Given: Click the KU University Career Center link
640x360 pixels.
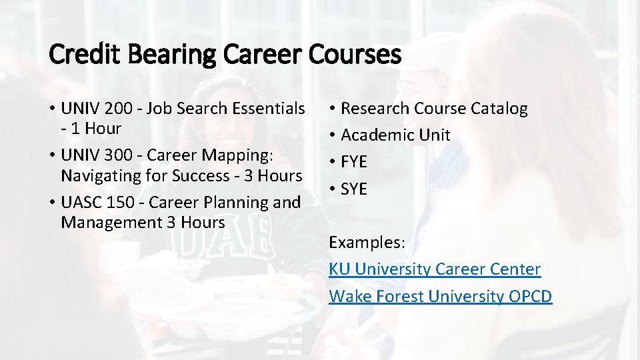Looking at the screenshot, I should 435,269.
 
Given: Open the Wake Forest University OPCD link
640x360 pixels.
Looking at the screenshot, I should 441,296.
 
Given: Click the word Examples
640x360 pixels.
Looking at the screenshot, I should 367,243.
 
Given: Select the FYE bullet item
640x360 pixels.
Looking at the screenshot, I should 354,162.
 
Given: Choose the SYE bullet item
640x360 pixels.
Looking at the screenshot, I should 354,189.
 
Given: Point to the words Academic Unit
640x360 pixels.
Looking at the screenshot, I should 395,135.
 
